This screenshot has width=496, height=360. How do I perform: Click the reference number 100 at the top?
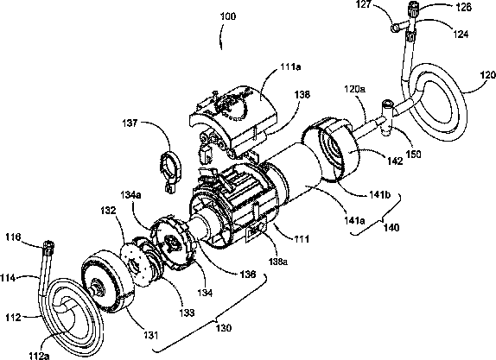pyautogui.click(x=228, y=16)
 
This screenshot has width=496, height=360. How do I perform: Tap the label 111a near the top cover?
pyautogui.click(x=290, y=67)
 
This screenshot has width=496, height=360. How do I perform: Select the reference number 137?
pyautogui.click(x=130, y=123)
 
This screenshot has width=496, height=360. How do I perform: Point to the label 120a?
pyautogui.click(x=354, y=89)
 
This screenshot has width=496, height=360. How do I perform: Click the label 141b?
pyautogui.click(x=379, y=195)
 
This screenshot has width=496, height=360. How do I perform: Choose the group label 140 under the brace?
pyautogui.click(x=391, y=227)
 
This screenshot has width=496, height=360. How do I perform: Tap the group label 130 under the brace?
pyautogui.click(x=224, y=328)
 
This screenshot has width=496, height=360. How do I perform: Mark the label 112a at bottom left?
pyautogui.click(x=39, y=356)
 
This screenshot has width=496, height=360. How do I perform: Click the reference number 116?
pyautogui.click(x=13, y=237)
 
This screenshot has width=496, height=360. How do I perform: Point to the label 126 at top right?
pyautogui.click(x=464, y=7)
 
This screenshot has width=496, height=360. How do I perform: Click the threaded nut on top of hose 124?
pyautogui.click(x=414, y=6)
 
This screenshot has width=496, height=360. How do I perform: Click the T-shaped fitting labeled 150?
pyautogui.click(x=387, y=118)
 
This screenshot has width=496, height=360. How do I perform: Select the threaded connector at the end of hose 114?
pyautogui.click(x=48, y=248)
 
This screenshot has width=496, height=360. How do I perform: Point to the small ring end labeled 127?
pyautogui.click(x=395, y=28)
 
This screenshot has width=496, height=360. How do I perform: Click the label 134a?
pyautogui.click(x=130, y=195)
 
